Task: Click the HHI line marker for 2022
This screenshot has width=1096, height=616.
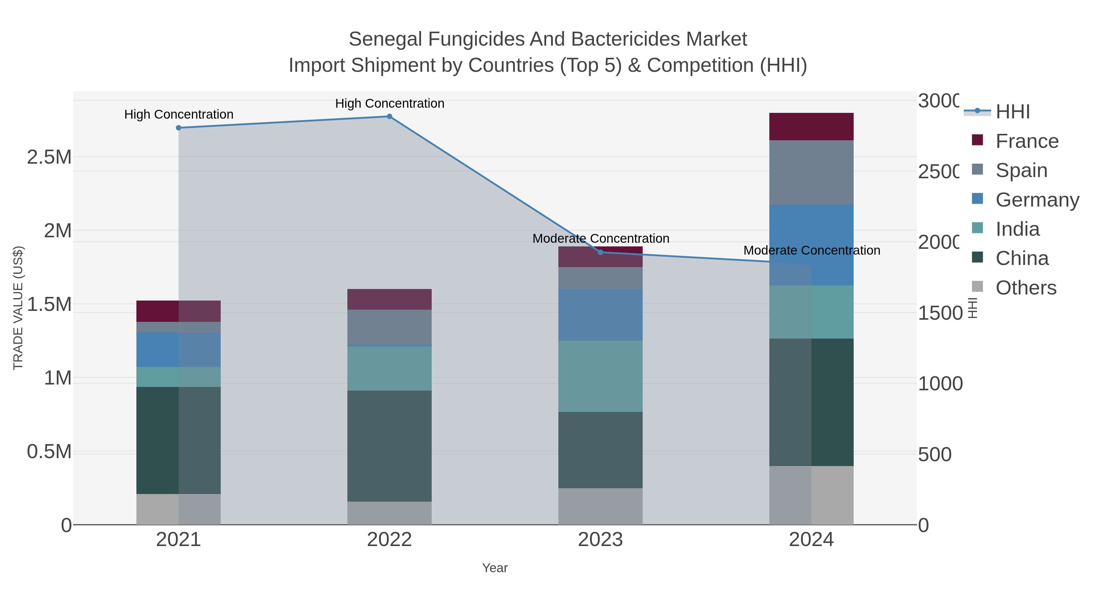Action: (389, 117)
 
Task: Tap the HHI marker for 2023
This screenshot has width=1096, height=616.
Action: (600, 252)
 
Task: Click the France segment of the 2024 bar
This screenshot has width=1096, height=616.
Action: (811, 127)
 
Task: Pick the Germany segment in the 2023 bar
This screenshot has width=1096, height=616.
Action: (600, 315)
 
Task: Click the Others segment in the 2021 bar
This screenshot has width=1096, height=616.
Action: (179, 509)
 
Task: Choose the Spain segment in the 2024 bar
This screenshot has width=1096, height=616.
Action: (811, 172)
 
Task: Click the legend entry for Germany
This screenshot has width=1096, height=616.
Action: (1037, 200)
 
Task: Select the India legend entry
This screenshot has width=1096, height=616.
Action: (1017, 229)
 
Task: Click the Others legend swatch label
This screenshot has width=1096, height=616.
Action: (1026, 288)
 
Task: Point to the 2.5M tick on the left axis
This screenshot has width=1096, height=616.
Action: (49, 157)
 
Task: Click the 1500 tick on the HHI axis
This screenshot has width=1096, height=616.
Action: (940, 313)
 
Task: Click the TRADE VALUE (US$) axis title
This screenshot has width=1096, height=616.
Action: (18, 308)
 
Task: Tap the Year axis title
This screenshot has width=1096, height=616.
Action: (495, 568)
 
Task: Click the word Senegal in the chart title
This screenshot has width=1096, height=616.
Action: (385, 39)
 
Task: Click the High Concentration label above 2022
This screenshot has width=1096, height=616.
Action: (390, 103)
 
